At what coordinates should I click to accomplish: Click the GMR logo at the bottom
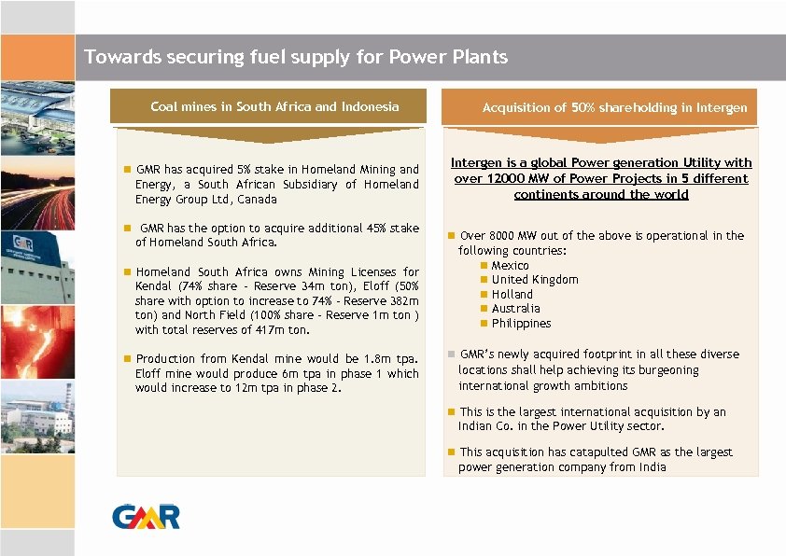(146, 515)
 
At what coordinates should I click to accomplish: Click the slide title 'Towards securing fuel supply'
(296, 57)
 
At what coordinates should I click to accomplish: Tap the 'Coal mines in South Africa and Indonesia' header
(274, 106)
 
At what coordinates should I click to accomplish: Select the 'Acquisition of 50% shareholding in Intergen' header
(614, 107)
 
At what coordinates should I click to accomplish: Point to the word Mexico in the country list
(510, 266)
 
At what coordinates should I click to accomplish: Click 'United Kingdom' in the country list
(535, 280)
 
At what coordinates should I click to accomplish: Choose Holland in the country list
(512, 294)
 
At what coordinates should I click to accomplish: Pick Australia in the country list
(515, 309)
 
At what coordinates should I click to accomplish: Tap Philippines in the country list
(521, 324)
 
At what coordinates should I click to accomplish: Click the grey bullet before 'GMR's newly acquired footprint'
(450, 354)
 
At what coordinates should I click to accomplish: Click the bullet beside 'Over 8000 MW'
(450, 236)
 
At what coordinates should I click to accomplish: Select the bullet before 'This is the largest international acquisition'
(450, 412)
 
